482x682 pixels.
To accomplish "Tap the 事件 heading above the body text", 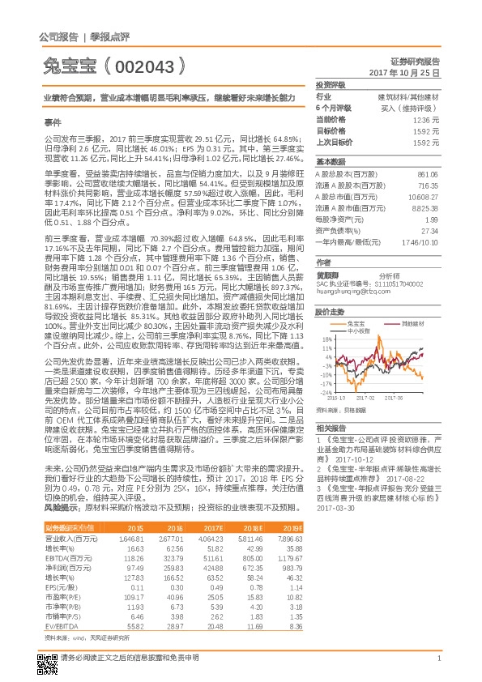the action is pos(53,120).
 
